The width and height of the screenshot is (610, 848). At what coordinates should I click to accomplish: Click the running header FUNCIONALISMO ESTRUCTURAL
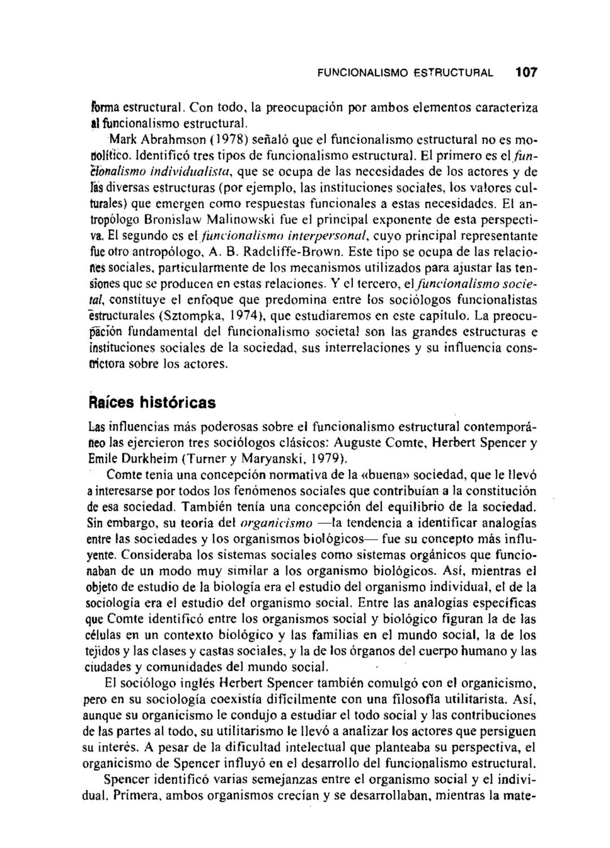coord(404,73)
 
